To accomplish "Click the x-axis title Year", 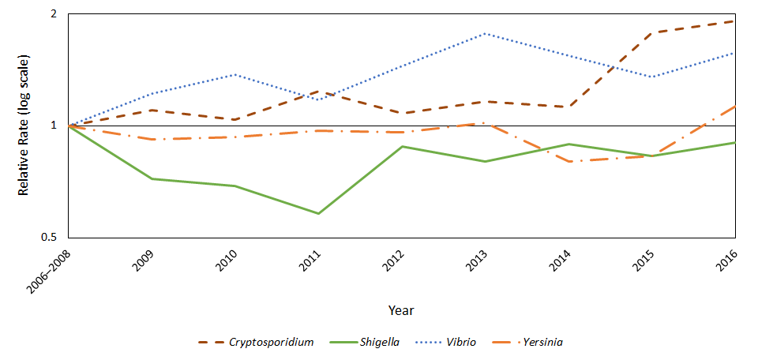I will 401,310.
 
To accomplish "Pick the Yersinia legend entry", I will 542,342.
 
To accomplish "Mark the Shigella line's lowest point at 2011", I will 318,214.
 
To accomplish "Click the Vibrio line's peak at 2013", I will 485,34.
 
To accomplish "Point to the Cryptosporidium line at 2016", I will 734,21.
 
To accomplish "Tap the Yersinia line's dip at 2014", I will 568,161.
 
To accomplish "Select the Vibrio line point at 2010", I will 235,75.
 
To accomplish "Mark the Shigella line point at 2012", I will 402,146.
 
